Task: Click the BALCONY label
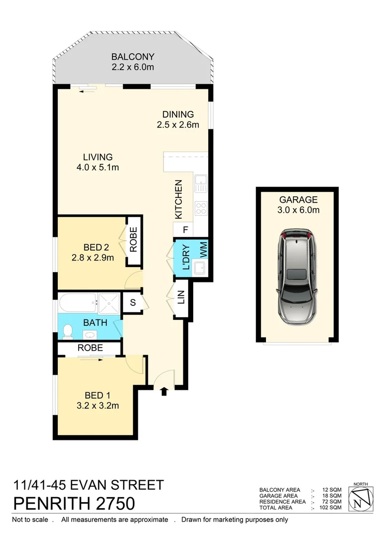(x=133, y=57)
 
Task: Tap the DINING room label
(x=178, y=114)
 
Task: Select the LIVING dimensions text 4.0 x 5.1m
(x=98, y=167)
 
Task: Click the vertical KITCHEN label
(x=179, y=200)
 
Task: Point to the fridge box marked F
(x=185, y=231)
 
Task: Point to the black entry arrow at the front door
(x=164, y=392)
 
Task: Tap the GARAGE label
(x=298, y=200)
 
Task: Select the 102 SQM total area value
(x=331, y=508)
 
